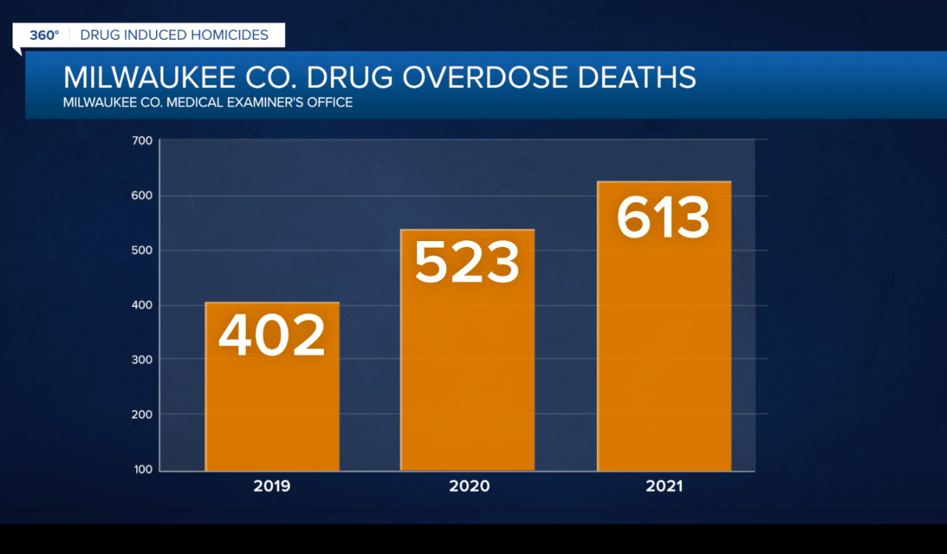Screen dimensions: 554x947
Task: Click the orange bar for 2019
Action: (272, 399)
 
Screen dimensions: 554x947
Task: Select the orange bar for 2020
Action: (468, 370)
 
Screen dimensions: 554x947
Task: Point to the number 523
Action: (468, 263)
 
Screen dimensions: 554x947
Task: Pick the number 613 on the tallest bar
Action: (664, 217)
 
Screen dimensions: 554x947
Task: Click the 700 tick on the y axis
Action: (143, 141)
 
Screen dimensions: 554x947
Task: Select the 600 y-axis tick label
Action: (143, 196)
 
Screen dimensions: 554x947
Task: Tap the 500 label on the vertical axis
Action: (143, 251)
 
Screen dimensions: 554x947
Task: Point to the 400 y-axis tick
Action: (143, 305)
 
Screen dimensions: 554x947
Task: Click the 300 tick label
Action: (143, 359)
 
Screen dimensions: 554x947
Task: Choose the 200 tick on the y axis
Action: (143, 414)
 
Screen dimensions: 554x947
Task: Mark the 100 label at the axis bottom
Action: (143, 469)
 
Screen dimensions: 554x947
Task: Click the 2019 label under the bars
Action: (272, 486)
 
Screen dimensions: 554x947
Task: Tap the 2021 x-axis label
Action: (664, 486)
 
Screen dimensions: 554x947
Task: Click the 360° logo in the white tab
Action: (44, 35)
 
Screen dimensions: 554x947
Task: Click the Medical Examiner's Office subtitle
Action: (208, 102)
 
